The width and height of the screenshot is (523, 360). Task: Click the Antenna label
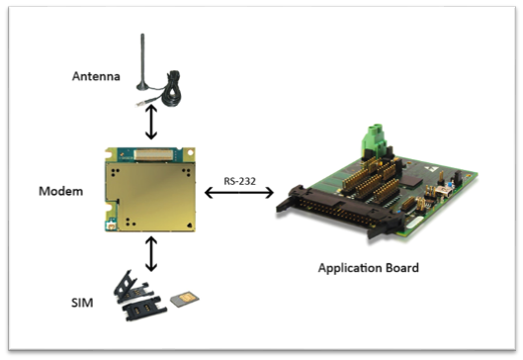(96, 76)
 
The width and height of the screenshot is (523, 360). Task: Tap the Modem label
(61, 191)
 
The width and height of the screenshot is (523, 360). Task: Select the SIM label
(82, 303)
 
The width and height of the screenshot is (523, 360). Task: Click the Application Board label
(368, 268)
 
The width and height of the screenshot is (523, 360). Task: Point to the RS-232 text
(240, 181)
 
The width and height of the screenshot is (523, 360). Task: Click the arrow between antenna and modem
(151, 122)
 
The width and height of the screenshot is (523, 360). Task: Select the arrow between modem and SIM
(151, 253)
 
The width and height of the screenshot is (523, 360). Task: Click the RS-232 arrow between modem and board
(239, 193)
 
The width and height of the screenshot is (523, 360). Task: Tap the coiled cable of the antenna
(171, 89)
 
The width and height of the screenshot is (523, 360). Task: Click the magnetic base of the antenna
(142, 87)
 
